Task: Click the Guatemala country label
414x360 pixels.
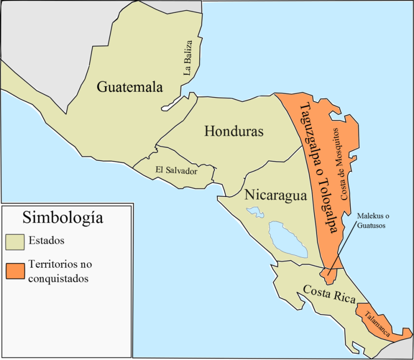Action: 130,87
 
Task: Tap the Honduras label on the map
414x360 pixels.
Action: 234,131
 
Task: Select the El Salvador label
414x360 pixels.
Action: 176,170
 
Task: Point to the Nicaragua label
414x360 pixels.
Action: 275,195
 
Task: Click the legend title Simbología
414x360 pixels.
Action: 62,217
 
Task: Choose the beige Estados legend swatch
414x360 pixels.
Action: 15,241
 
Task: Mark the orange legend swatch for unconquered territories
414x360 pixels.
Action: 15,271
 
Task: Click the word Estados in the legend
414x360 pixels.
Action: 47,240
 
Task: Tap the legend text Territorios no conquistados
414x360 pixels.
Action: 60,271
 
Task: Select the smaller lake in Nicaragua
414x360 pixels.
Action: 255,212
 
